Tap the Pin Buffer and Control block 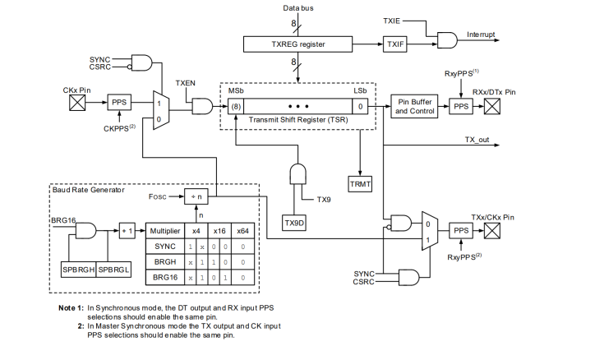[x=416, y=106]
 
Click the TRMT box [x=360, y=183]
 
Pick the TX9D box [x=294, y=223]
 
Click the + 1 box [x=128, y=231]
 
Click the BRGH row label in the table [x=164, y=262]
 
